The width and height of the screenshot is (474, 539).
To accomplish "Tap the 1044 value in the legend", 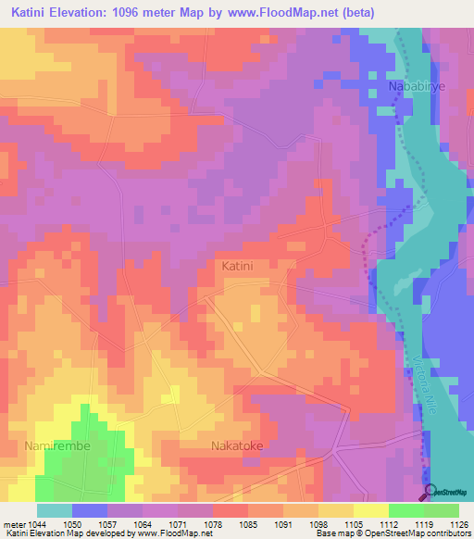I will pos(36,524).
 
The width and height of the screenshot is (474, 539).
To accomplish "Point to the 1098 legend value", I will pos(318,524).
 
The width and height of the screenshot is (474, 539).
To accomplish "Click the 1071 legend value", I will pos(178,524).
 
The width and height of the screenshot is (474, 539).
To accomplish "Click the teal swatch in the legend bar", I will pos(54,510).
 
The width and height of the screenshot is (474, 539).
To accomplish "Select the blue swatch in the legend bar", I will pos(90,510).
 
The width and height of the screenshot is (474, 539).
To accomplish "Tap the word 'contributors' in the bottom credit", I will pos(448,533).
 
